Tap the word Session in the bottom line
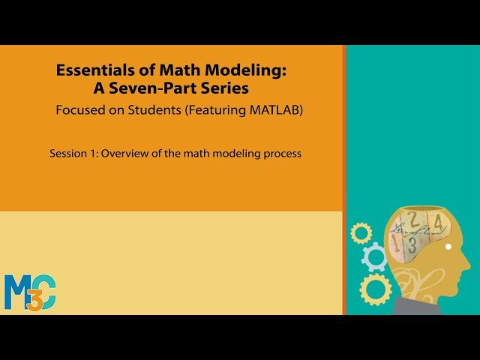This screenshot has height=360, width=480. [68, 154]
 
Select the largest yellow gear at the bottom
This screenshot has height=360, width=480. [375, 289]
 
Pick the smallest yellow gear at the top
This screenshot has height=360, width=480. [361, 233]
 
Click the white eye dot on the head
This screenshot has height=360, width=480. [448, 247]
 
